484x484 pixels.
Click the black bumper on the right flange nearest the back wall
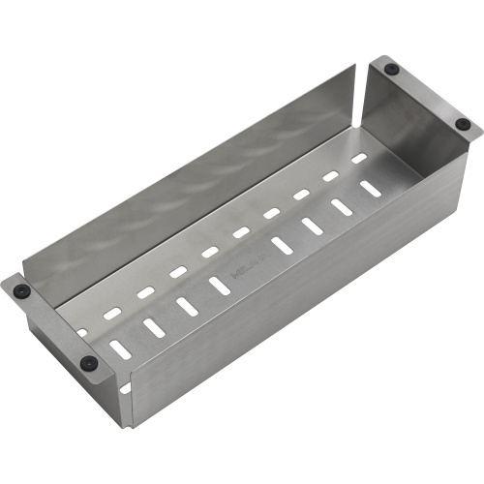[390, 70]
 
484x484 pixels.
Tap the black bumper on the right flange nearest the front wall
[463, 124]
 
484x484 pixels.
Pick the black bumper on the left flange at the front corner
[88, 362]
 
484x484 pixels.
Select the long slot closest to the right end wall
[371, 189]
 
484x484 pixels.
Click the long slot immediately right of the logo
[281, 245]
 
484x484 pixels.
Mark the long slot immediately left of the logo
[218, 284]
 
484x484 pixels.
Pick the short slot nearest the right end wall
[359, 157]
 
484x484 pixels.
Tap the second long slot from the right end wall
[342, 207]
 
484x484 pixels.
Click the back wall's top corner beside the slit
[352, 72]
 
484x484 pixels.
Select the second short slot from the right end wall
[330, 175]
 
